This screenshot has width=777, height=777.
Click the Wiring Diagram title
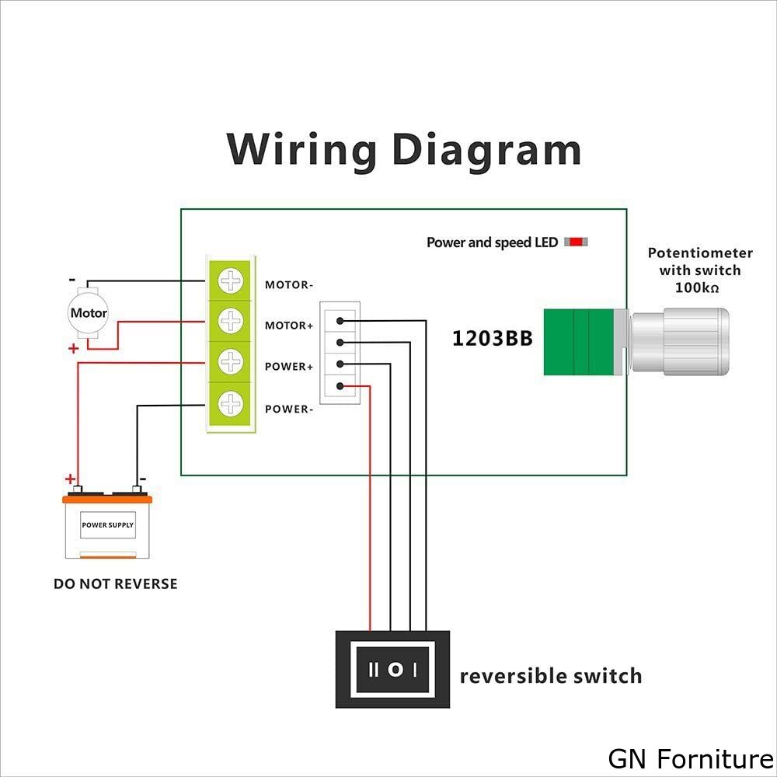(x=404, y=149)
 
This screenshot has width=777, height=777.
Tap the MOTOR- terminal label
(x=289, y=285)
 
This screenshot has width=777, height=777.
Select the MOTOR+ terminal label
(x=289, y=326)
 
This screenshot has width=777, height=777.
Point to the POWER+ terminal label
(x=289, y=367)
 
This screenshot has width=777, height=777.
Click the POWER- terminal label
(x=289, y=409)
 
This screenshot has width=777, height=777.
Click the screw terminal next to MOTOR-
(x=231, y=280)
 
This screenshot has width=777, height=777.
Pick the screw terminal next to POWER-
(x=231, y=403)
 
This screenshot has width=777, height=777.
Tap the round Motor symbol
(x=89, y=314)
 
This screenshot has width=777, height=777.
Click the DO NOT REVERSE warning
(x=115, y=584)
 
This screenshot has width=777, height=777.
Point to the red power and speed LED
(x=576, y=242)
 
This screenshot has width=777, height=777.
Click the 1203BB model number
(x=493, y=339)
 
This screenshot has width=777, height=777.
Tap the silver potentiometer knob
(x=681, y=342)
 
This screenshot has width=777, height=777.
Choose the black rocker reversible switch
(x=393, y=669)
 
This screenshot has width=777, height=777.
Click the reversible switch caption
(x=551, y=676)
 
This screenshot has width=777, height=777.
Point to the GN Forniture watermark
(x=691, y=758)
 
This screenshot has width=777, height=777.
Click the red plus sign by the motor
(x=73, y=349)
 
